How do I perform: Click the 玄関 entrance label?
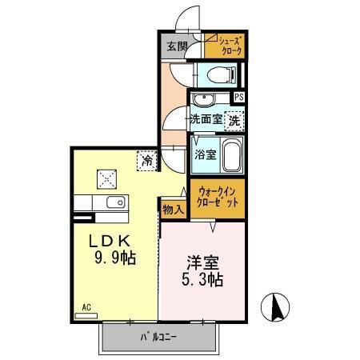point(177,47)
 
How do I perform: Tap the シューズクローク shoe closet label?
point(226,46)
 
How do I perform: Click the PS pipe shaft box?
point(239,98)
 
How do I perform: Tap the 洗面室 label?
point(205,120)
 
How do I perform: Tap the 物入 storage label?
point(174,210)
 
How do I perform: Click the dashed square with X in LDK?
point(106,178)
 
